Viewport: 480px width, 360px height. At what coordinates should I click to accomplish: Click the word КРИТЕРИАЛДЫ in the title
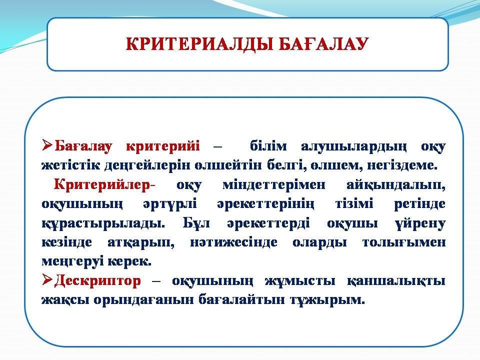tap(200, 44)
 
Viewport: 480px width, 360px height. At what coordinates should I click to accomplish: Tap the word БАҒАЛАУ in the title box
tap(323, 44)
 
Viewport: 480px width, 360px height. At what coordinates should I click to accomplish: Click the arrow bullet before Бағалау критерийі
tap(48, 145)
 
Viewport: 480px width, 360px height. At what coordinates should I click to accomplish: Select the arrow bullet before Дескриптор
tap(48, 280)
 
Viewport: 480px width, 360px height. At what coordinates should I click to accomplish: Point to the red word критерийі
tap(163, 146)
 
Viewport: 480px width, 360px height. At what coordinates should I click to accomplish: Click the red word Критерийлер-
tap(104, 184)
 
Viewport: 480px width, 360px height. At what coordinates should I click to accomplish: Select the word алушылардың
tap(354, 147)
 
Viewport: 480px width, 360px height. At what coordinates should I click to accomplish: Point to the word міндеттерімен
tap(274, 185)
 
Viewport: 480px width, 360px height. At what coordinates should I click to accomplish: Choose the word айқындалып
tap(396, 185)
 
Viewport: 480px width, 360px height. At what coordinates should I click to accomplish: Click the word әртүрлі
tap(170, 204)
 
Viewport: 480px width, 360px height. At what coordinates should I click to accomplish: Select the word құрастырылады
tap(103, 223)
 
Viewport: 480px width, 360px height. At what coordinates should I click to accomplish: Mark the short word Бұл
tap(196, 223)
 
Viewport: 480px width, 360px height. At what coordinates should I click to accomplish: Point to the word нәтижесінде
tap(233, 242)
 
